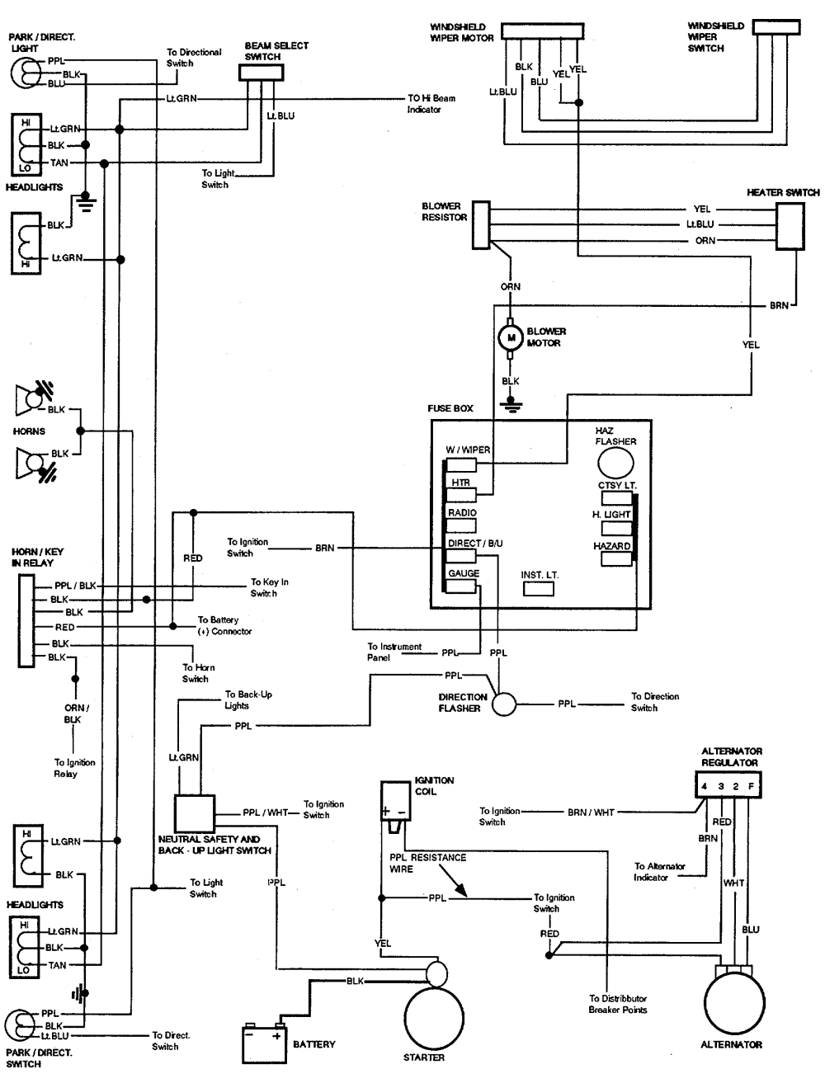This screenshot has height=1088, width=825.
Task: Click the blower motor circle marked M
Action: [x=511, y=337]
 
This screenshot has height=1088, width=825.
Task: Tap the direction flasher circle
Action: [x=504, y=704]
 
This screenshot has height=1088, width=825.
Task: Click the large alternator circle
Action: [x=731, y=1006]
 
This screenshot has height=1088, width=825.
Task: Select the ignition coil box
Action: [x=394, y=799]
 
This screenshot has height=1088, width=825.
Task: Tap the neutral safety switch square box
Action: [x=195, y=814]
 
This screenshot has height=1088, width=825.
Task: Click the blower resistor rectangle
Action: [x=481, y=224]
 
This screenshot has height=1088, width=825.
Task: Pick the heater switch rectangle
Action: [x=790, y=225]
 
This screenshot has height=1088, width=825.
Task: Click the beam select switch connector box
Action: [x=262, y=73]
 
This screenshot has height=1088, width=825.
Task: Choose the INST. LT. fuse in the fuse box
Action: [x=539, y=588]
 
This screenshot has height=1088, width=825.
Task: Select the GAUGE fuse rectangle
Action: [x=462, y=586]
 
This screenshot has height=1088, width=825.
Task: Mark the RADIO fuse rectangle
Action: [x=462, y=525]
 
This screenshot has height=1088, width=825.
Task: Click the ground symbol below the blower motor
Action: [x=511, y=406]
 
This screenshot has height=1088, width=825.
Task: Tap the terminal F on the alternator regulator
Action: [x=749, y=786]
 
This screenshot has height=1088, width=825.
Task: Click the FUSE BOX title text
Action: [x=450, y=408]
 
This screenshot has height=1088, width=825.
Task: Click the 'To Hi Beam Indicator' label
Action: [x=431, y=103]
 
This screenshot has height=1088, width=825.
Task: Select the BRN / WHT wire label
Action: [x=590, y=812]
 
